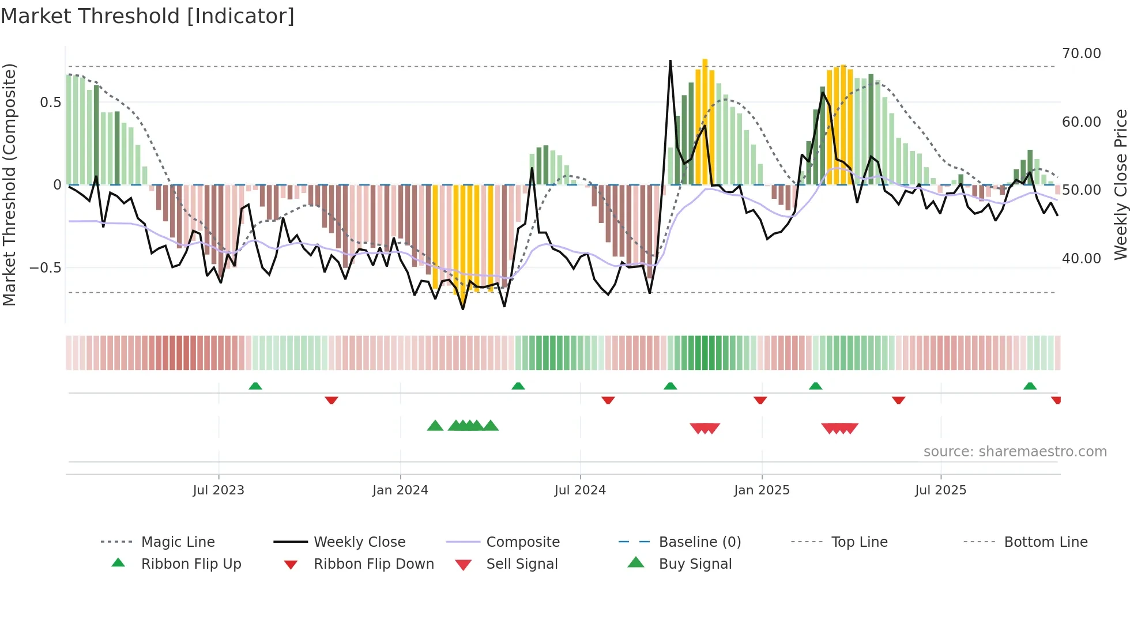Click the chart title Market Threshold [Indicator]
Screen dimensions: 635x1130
[148, 16]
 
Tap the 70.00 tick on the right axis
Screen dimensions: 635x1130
[1081, 54]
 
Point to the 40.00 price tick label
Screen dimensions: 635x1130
[1081, 259]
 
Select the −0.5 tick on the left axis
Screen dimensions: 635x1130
[45, 268]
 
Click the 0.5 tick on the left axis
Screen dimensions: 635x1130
[50, 103]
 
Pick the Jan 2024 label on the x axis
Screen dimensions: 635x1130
[400, 490]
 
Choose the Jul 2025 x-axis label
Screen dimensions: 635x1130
[940, 490]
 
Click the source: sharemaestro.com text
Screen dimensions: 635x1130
[1015, 452]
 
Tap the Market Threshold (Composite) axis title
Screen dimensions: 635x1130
[9, 184]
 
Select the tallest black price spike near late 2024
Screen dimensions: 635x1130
[670, 62]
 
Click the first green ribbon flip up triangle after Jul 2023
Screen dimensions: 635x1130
[255, 386]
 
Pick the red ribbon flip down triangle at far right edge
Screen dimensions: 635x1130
[1056, 400]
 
